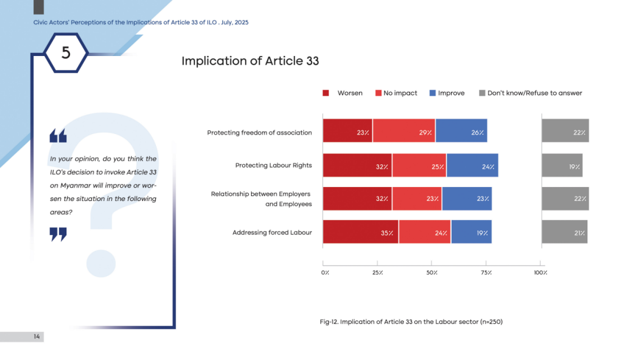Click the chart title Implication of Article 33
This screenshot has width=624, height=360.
point(250,61)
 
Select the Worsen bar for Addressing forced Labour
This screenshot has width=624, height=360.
point(361,231)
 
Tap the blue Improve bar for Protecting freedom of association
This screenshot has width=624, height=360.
point(461,130)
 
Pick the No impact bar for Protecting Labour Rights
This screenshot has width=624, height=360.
point(419,165)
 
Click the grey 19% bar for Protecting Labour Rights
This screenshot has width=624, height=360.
point(562,165)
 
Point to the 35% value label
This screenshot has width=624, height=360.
point(387,233)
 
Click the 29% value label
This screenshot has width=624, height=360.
point(425,132)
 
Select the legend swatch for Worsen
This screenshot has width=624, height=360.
point(325,93)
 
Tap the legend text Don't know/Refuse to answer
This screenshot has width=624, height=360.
point(534,93)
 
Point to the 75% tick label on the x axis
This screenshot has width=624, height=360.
point(486,272)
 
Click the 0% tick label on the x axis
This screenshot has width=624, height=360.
point(325,272)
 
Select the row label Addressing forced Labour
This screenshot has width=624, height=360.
point(272,232)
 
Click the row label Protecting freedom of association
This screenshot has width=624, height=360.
point(260,132)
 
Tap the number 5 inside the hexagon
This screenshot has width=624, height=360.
point(66,52)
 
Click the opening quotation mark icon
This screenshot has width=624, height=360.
point(58,135)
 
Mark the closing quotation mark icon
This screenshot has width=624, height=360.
point(58,235)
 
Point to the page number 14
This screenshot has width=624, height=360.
point(37,336)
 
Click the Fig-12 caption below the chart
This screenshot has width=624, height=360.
point(411,322)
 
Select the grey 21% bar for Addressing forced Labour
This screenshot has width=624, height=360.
point(564,231)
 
